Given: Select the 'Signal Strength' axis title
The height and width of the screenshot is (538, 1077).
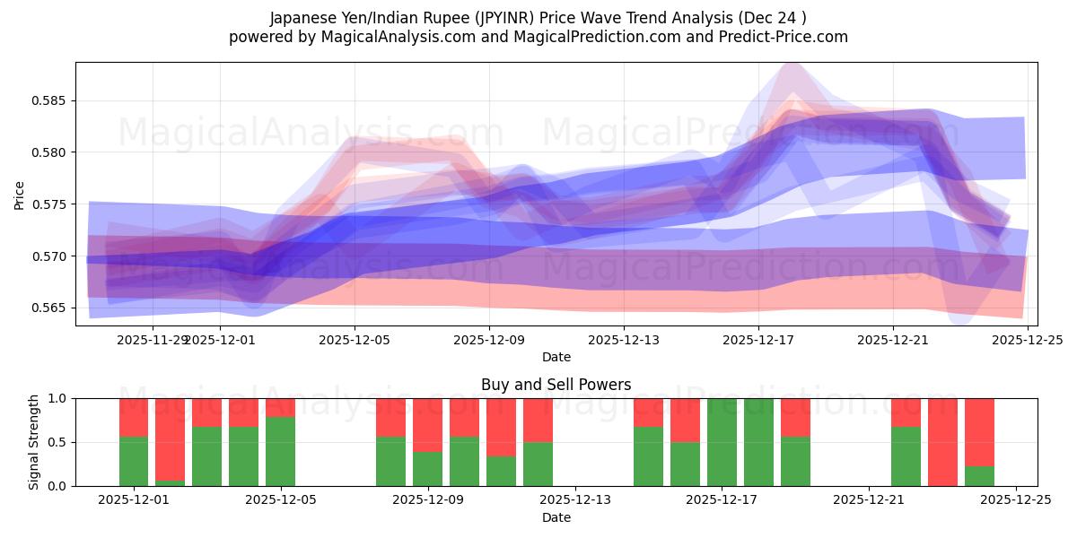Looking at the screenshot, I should (33, 442).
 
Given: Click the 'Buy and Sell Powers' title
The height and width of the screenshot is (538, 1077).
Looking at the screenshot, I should (556, 385).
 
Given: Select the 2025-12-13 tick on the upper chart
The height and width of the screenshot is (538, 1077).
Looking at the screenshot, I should (624, 340).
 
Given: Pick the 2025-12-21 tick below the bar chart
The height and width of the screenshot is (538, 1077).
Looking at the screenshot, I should (869, 500).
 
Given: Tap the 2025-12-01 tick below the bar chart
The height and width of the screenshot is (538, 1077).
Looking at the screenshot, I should (134, 500).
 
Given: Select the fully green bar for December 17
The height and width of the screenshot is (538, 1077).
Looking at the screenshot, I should (722, 442).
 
